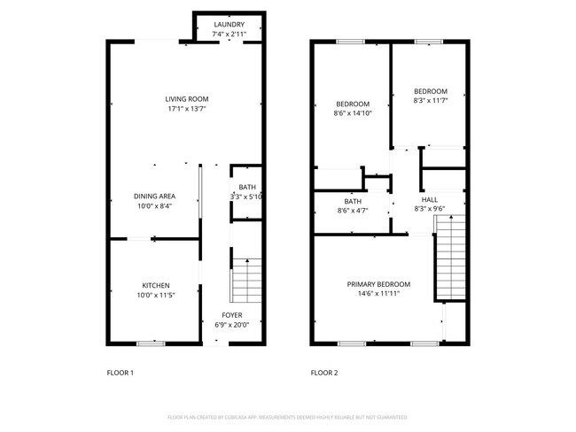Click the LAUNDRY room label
point(229,25)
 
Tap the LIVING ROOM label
point(187,98)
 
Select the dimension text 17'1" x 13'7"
point(187,109)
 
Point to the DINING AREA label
point(153,196)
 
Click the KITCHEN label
point(156,285)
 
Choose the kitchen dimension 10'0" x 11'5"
point(156,296)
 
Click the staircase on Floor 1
point(247,281)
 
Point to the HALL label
point(429,200)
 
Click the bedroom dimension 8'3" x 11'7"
point(430,101)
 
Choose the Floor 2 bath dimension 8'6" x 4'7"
point(353,210)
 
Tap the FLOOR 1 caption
point(120,373)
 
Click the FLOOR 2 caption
point(324,373)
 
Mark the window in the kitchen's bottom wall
point(152,343)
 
